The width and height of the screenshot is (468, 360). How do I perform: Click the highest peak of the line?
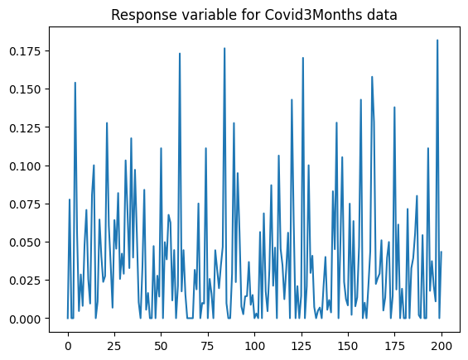(x=437, y=41)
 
